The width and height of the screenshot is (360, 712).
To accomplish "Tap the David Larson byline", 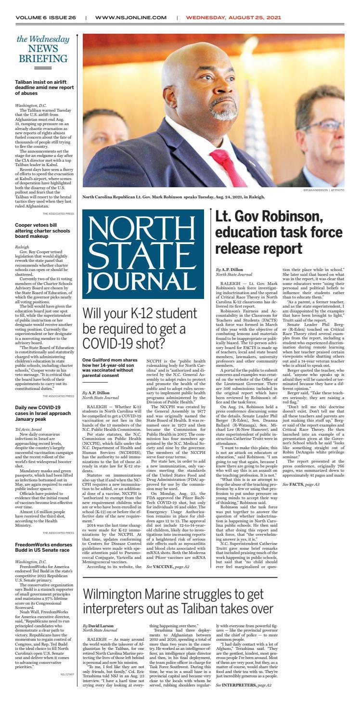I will pos(101,626).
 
